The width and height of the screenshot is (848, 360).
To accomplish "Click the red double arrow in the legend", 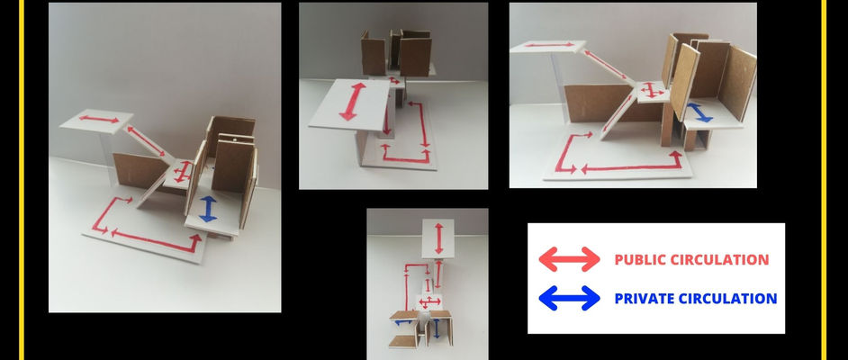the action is click(x=570, y=259).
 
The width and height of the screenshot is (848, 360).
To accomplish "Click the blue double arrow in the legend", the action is click(x=570, y=298).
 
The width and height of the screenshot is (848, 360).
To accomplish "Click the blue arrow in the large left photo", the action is click(x=208, y=209).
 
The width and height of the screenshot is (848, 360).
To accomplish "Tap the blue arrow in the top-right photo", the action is click(x=699, y=112).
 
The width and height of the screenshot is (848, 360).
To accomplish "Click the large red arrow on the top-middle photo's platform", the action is click(x=352, y=102).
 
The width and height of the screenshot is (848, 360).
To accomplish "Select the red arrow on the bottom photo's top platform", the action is click(x=439, y=238).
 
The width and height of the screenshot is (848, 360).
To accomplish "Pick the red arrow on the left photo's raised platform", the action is click(x=99, y=119).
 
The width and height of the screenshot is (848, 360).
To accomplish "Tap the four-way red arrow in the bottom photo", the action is click(x=430, y=301).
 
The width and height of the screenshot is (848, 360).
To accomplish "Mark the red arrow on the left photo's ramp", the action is click(x=147, y=141).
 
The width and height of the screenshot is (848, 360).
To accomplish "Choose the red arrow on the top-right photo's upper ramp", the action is click(x=606, y=64).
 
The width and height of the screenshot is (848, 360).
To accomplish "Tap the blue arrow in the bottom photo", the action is click(x=438, y=328).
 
